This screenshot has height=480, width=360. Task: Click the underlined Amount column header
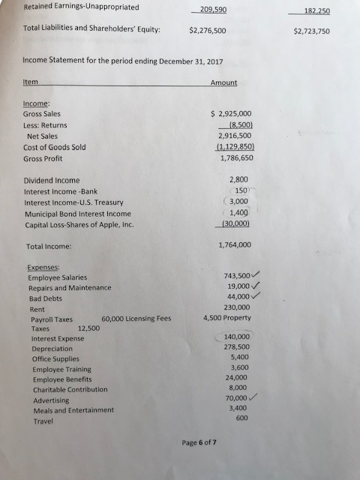pyautogui.click(x=223, y=82)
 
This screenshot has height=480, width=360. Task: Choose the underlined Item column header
pyautogui.click(x=31, y=82)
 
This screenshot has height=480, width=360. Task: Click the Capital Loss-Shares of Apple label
pyautogui.click(x=73, y=224)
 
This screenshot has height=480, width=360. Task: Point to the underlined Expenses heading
pyautogui.click(x=43, y=267)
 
